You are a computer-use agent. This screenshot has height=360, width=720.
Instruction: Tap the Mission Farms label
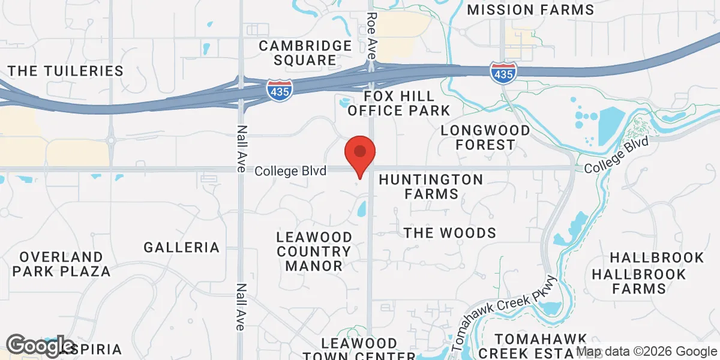tap(530, 10)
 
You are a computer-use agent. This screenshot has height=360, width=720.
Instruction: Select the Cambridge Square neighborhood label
tap(305, 53)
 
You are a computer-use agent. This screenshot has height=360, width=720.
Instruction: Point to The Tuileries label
tap(66, 71)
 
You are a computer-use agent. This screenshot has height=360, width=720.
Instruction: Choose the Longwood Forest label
tap(485, 137)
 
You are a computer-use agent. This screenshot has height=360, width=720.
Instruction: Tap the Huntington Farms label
tap(431, 187)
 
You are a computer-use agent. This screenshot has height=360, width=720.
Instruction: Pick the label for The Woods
tap(450, 233)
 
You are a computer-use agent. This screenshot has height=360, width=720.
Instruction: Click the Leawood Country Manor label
tap(314, 251)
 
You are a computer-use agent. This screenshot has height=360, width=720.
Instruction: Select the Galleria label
tap(181, 247)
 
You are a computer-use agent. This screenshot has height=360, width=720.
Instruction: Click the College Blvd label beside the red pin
tap(290, 171)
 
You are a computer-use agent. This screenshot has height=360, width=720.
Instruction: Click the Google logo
tap(40, 347)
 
